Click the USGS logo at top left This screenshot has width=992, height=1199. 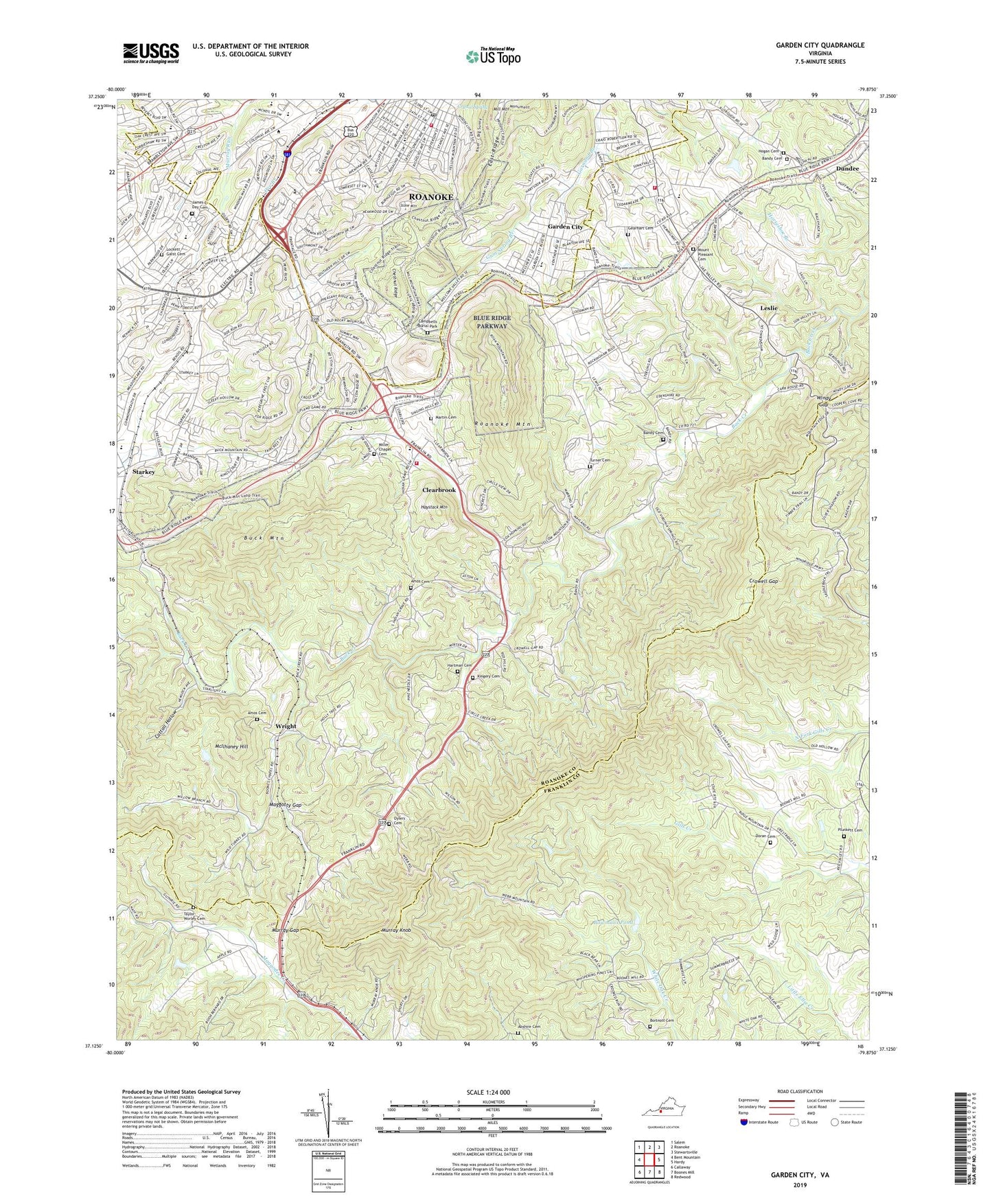point(151,52)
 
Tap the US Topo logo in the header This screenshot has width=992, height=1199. point(493,56)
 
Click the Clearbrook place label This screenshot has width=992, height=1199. point(439,490)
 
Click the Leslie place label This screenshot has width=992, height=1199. point(769,308)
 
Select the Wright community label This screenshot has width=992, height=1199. point(286,726)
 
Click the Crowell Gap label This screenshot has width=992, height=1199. point(763,581)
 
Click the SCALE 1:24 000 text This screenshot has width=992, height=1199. point(485,1092)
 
